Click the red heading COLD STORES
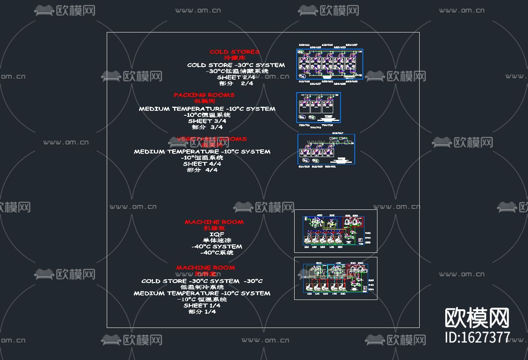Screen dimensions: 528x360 pos(234,52)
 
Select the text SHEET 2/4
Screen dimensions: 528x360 pos(236,77)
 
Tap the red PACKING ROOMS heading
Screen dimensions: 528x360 pos(204,95)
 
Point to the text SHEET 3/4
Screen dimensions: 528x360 pos(207,121)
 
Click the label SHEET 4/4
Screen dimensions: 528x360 pos(202,164)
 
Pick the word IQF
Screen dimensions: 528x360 pos(216,234)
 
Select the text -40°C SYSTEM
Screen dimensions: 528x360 pos(217,246)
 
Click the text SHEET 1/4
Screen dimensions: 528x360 pos(202,306)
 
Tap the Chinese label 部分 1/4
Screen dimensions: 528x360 pos(202,312)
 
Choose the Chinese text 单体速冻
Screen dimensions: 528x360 pos(216,240)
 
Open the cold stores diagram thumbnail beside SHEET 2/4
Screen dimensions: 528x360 pos(329,64)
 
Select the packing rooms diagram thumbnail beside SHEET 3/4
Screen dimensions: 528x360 pos(319,108)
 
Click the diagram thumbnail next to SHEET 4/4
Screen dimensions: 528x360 pos(326,149)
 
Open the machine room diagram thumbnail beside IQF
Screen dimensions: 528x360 pos(336,231)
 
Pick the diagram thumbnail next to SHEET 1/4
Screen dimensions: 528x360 pos(336,278)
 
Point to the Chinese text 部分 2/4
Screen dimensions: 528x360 pos(236,83)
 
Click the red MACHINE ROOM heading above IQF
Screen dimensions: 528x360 pos(214,222)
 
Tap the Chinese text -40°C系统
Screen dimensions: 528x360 pos(217,252)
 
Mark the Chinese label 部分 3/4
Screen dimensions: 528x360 pos(207,127)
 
